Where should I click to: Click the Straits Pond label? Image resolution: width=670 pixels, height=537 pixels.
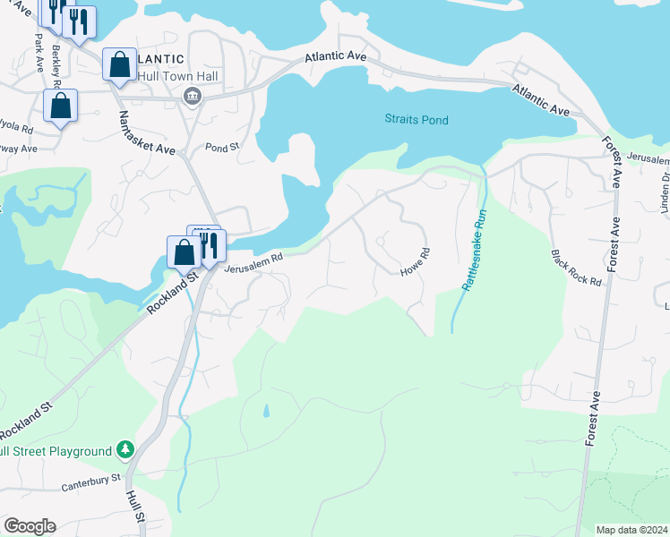click(x=416, y=119)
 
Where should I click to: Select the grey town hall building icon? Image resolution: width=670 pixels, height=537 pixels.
click(x=191, y=96)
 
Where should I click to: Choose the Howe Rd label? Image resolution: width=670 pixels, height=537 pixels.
click(x=416, y=261)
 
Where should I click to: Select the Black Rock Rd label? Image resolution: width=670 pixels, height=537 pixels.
click(x=576, y=268)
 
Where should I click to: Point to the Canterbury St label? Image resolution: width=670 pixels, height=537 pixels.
click(x=90, y=484)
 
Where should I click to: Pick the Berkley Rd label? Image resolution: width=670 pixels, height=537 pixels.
click(x=56, y=62)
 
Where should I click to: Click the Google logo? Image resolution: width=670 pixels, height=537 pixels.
click(x=30, y=526)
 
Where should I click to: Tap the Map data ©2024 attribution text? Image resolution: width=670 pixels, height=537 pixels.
click(x=631, y=530)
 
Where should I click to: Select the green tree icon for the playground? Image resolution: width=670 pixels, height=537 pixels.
click(x=127, y=449)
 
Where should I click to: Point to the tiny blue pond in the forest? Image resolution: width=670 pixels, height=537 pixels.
click(x=265, y=412)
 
